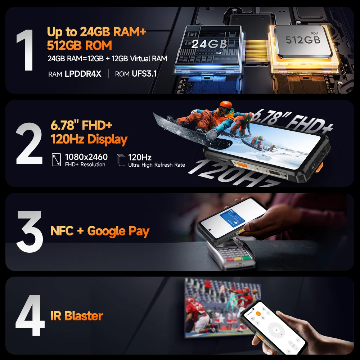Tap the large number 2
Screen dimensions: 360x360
[29, 144]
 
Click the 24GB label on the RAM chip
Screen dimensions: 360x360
[209, 44]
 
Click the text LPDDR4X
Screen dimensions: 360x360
[83, 74]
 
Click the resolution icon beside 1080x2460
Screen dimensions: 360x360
[57, 160]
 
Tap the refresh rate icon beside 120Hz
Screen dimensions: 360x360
[122, 160]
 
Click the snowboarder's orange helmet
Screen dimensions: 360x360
[225, 105]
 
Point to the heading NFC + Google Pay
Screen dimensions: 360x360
[100, 231]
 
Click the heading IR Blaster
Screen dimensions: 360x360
[77, 316]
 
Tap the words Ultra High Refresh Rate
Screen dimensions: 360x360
[157, 165]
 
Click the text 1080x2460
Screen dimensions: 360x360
[86, 157]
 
